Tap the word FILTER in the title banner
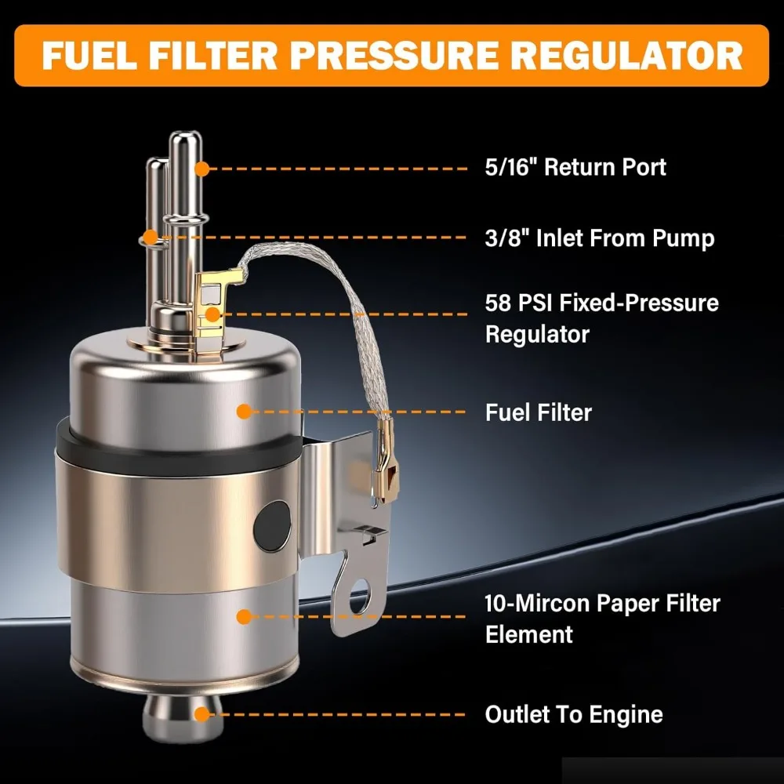(234, 56)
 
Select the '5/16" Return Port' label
(575, 167)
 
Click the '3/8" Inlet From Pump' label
(600, 238)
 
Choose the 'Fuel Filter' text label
(538, 412)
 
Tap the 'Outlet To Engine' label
(573, 714)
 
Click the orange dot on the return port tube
(201, 168)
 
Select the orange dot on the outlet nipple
(201, 714)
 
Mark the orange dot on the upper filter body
(244, 411)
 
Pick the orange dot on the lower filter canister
(244, 617)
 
